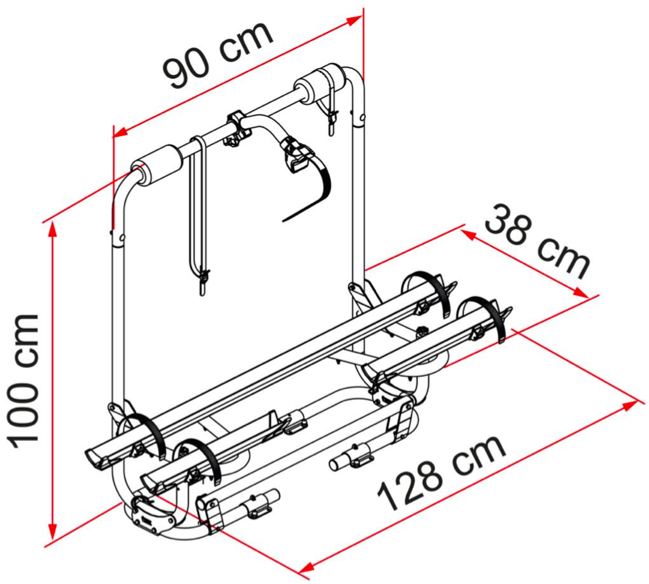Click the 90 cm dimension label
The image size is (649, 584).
(218, 55)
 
